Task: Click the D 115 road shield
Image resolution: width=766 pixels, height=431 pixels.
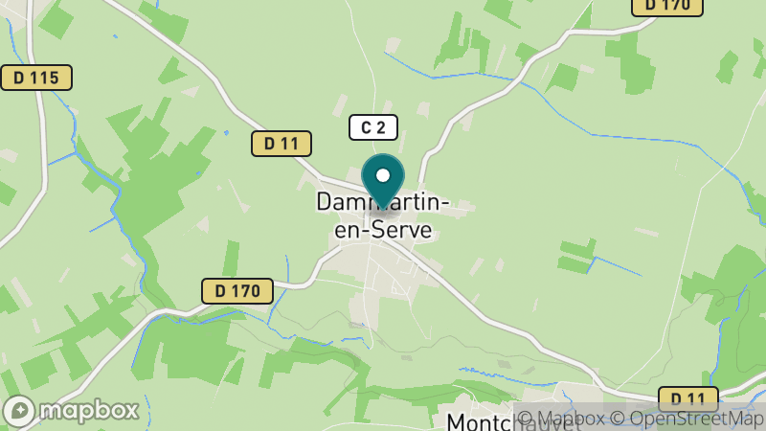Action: pyautogui.click(x=36, y=78)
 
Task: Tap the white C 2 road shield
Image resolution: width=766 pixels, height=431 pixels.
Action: pyautogui.click(x=372, y=126)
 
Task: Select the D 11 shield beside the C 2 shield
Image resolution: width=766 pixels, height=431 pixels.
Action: pyautogui.click(x=282, y=144)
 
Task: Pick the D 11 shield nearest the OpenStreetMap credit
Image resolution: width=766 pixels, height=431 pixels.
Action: pyautogui.click(x=688, y=399)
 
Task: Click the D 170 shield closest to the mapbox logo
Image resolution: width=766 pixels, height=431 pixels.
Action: pyautogui.click(x=237, y=290)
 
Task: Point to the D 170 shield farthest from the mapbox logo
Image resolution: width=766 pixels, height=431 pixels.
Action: pyautogui.click(x=667, y=5)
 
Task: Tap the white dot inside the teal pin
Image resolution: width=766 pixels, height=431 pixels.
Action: pyautogui.click(x=383, y=175)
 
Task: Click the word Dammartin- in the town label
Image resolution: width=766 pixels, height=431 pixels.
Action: pyautogui.click(x=382, y=204)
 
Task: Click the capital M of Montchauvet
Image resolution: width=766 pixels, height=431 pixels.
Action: pyautogui.click(x=458, y=421)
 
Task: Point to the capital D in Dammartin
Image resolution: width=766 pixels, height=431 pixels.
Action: pyautogui.click(x=325, y=204)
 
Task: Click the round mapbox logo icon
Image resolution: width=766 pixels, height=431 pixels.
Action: pyautogui.click(x=19, y=411)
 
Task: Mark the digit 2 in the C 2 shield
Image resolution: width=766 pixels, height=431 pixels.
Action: pyautogui.click(x=380, y=126)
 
